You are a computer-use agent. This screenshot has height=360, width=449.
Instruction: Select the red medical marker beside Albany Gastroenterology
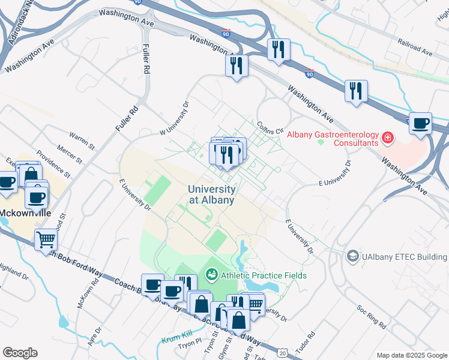tap(388, 139)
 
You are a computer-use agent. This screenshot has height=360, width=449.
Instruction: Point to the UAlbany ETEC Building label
tap(404, 257)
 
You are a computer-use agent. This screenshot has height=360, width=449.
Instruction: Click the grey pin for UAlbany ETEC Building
tap(352, 257)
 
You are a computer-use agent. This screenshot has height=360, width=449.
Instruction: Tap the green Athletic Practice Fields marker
tap(211, 275)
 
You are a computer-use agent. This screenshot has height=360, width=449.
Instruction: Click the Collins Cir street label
tap(270, 128)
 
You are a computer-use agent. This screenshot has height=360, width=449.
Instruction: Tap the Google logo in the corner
tap(20, 353)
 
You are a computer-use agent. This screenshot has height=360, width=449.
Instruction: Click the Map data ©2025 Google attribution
tap(411, 355)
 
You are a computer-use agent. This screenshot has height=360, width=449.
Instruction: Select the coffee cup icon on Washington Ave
tap(420, 123)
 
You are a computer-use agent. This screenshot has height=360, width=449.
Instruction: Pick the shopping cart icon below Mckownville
tap(46, 241)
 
